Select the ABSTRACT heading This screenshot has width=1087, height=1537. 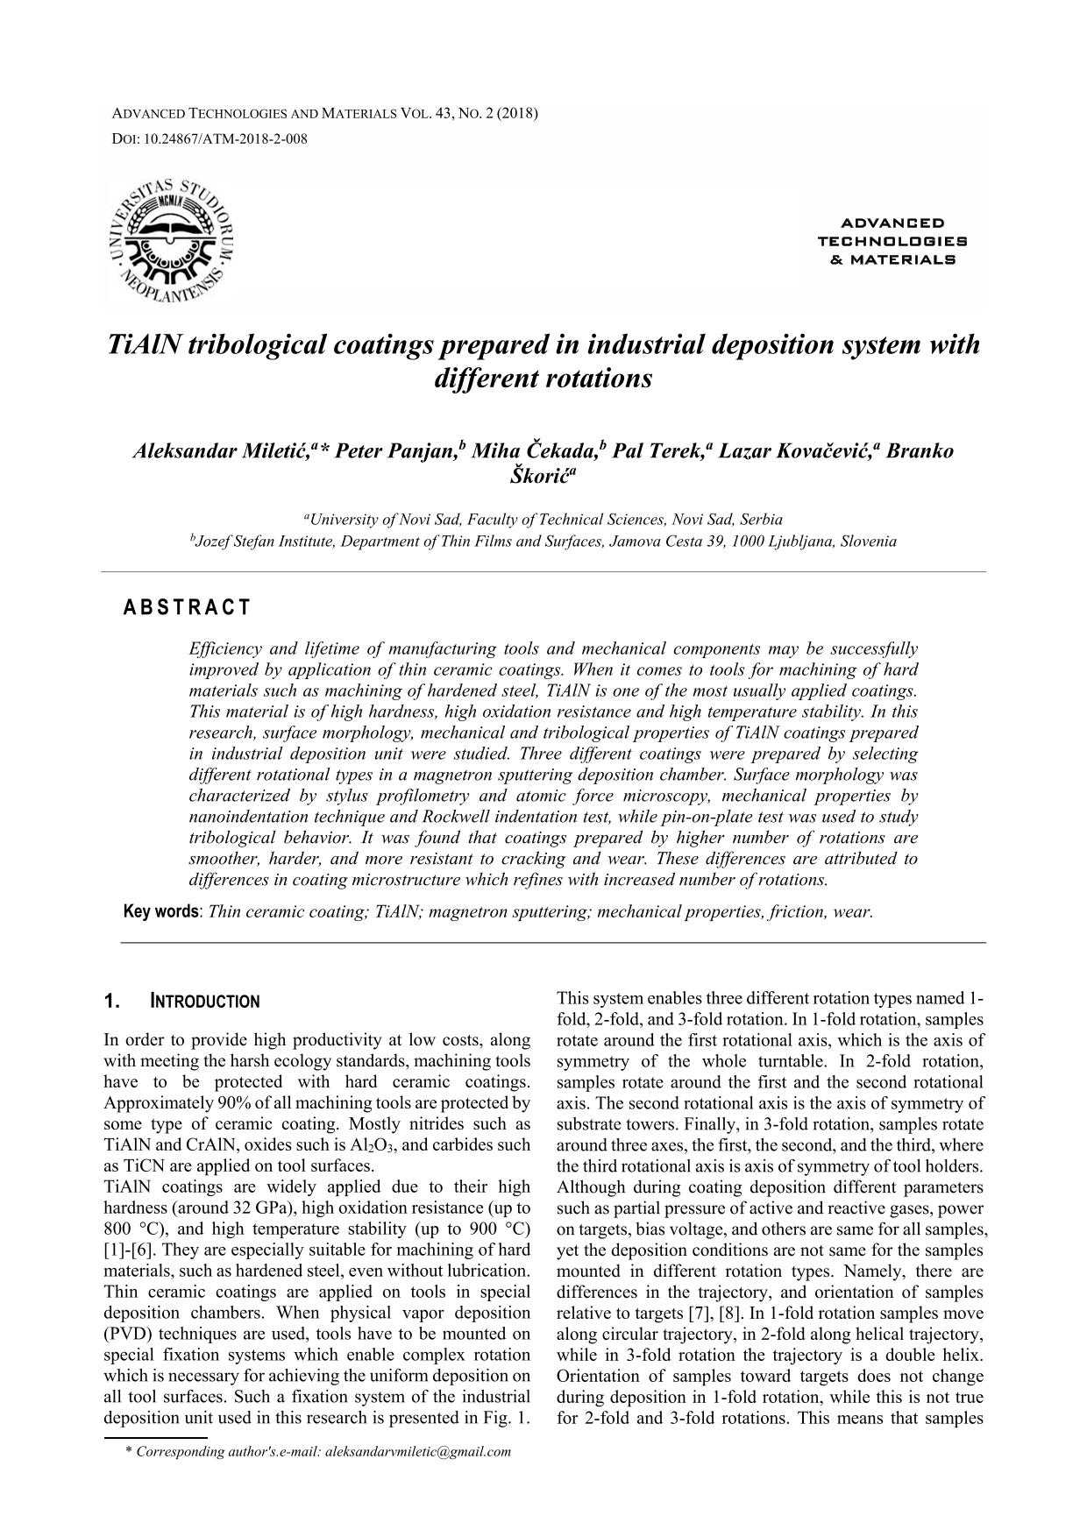point(187,607)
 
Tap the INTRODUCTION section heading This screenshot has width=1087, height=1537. point(205,1002)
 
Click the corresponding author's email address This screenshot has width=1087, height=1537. point(417,1451)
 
